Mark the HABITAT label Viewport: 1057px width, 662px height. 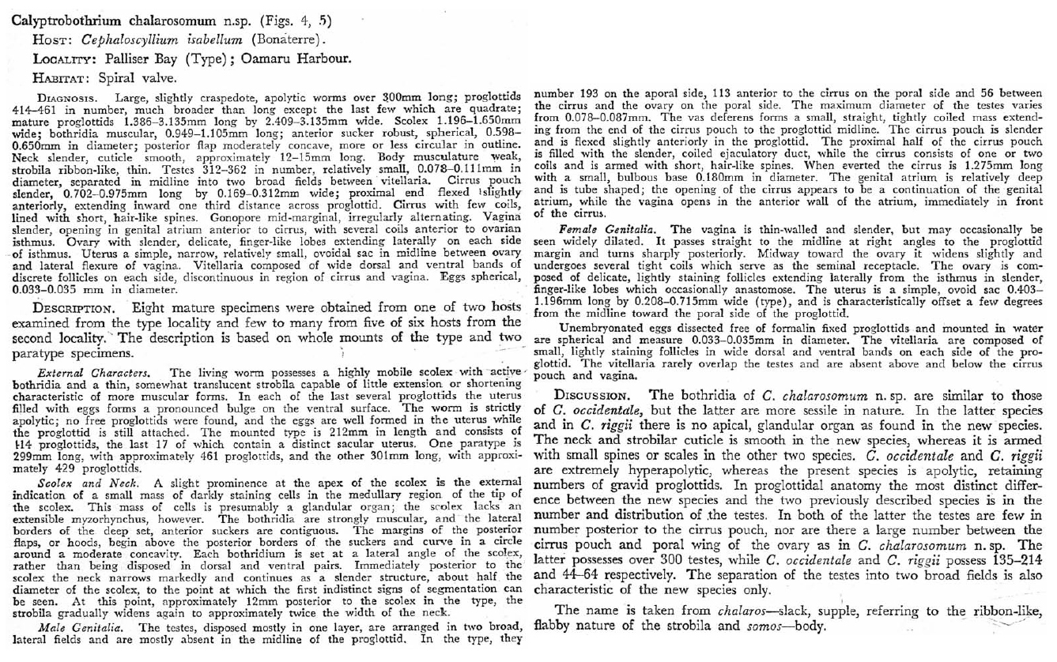(x=60, y=78)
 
